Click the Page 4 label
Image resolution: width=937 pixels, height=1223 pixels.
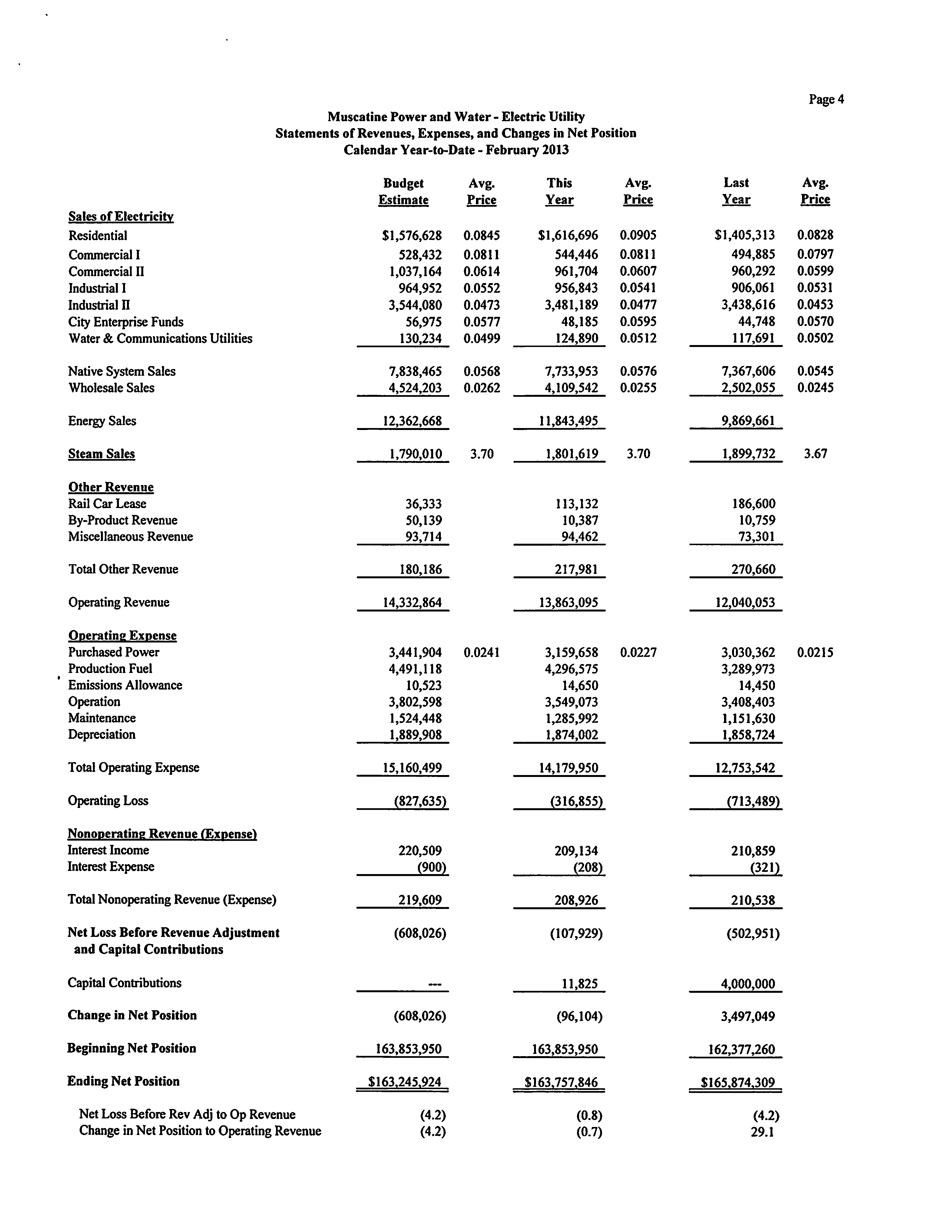(x=826, y=99)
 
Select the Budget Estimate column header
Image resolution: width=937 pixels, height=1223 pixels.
(x=403, y=191)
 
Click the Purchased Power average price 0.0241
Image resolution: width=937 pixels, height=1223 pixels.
(x=481, y=652)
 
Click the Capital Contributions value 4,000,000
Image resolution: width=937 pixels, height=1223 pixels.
(x=747, y=984)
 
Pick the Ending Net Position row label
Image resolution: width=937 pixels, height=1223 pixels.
(x=123, y=1081)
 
